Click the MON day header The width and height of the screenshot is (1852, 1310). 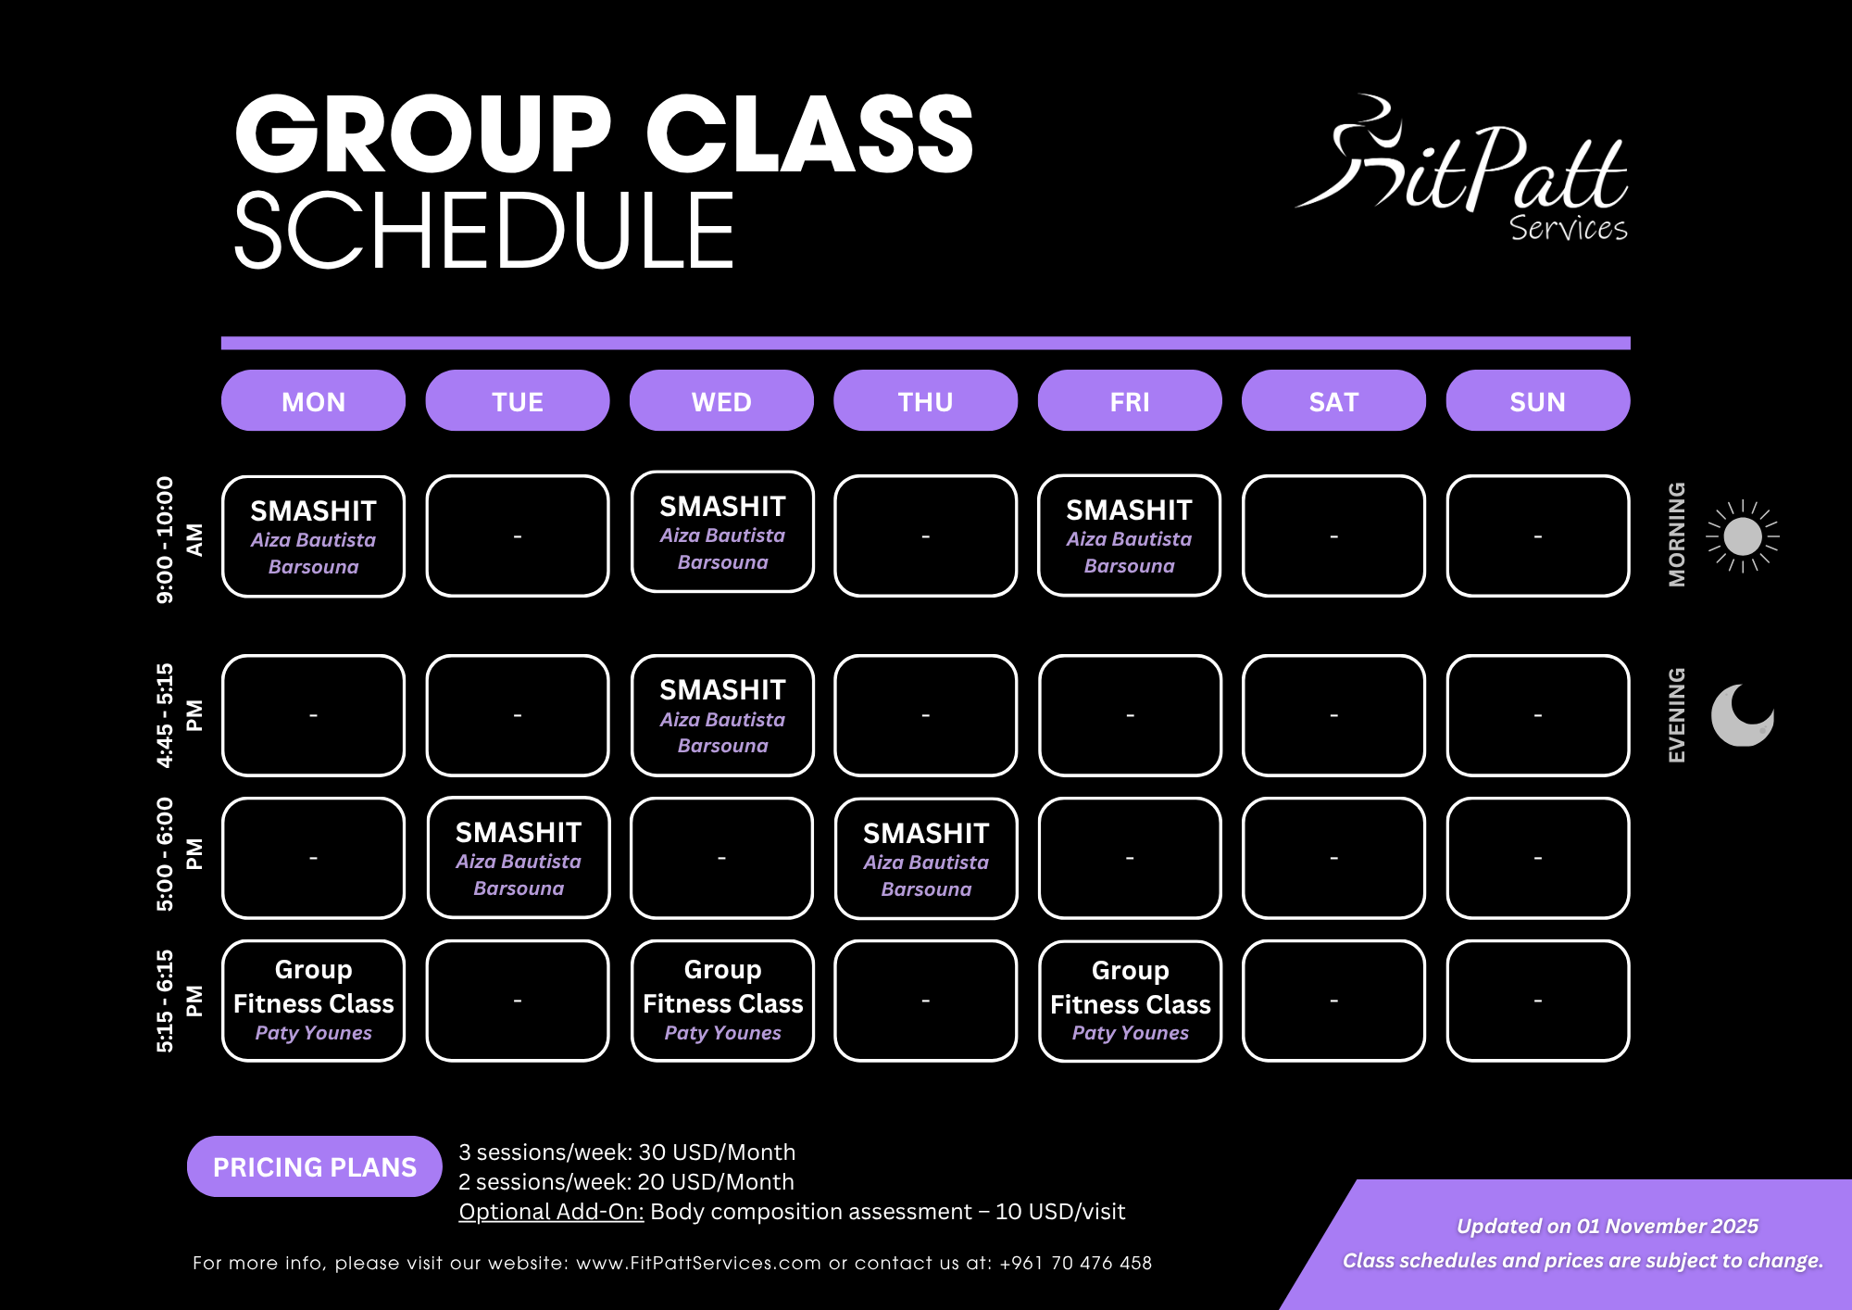[313, 401]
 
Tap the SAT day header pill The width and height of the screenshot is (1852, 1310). [1333, 401]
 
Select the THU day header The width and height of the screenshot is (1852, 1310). [925, 401]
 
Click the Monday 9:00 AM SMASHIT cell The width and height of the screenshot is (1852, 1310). [313, 536]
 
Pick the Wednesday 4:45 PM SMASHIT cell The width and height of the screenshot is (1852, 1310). [722, 716]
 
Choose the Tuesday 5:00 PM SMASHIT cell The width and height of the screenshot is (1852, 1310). [519, 858]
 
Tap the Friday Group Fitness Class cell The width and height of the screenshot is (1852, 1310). [1130, 1001]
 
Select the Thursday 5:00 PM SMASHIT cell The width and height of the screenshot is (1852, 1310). [926, 859]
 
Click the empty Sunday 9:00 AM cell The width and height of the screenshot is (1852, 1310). [1537, 536]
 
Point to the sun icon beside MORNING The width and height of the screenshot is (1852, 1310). [1743, 536]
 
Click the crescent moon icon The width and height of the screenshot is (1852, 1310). [1742, 715]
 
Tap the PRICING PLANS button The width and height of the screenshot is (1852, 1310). [315, 1166]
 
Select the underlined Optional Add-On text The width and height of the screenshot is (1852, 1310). [551, 1212]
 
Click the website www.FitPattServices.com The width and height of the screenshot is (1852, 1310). [698, 1263]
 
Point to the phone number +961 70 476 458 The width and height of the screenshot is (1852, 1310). [1075, 1263]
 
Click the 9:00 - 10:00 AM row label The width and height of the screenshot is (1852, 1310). [178, 539]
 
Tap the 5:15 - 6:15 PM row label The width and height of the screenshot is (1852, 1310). [178, 1001]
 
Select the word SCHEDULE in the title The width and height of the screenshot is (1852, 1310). [484, 232]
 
